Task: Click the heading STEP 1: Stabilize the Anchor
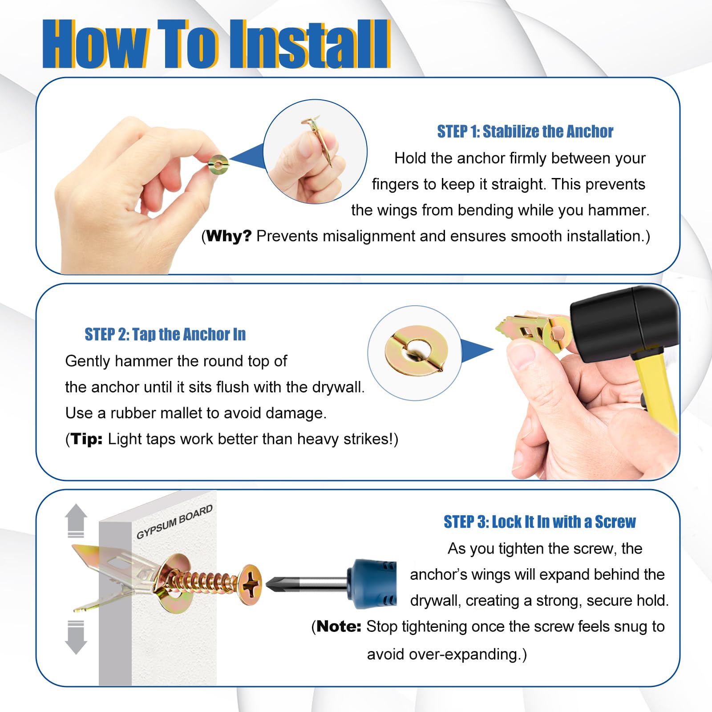tap(525, 132)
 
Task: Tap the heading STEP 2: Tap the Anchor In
tap(165, 334)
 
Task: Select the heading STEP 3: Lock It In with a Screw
tap(540, 522)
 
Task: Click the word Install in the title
tap(310, 44)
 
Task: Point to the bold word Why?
tap(229, 236)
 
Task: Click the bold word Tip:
tap(87, 439)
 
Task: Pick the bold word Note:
tap(339, 627)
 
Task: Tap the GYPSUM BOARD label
tap(174, 522)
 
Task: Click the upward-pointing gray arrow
tap(76, 521)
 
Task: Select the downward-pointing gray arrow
tap(76, 637)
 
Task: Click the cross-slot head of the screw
tap(251, 584)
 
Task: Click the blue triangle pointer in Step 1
tap(247, 157)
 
